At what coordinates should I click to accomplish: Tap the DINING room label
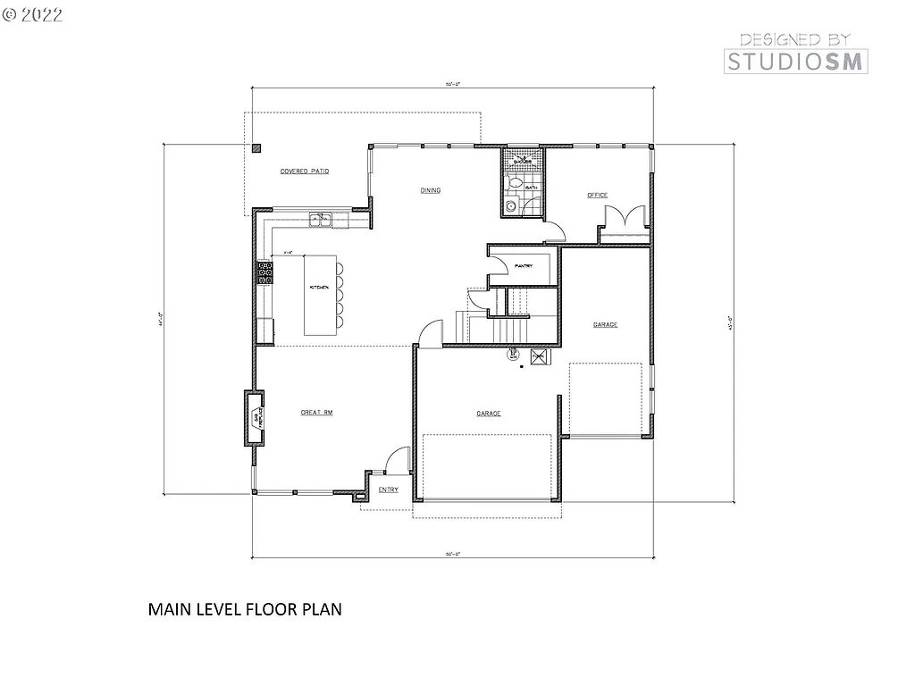[432, 190]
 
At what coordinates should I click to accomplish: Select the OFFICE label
[597, 195]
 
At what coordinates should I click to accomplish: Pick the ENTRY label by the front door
[388, 489]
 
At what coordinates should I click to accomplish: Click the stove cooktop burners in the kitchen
[265, 272]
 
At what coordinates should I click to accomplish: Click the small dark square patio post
[256, 149]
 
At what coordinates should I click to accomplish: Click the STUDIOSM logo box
[794, 61]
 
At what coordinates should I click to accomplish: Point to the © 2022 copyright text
[33, 13]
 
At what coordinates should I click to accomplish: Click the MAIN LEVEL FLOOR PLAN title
[245, 610]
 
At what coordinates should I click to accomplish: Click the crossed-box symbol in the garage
[539, 357]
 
